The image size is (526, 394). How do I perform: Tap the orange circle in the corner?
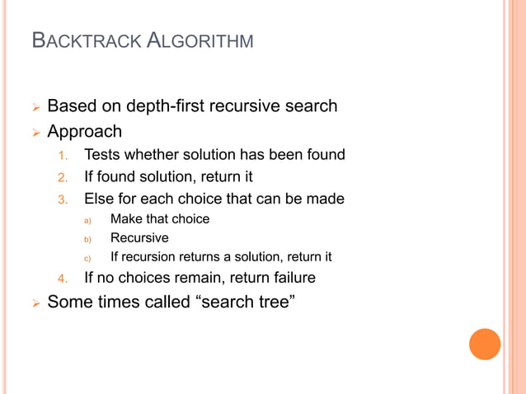(x=485, y=344)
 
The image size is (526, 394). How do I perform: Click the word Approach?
(x=84, y=131)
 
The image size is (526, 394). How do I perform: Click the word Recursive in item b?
(x=139, y=238)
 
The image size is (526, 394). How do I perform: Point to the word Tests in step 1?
(x=101, y=154)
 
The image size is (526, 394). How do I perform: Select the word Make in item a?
(x=125, y=219)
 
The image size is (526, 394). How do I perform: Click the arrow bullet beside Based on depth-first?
(x=34, y=107)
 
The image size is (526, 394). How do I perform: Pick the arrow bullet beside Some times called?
(x=34, y=303)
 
